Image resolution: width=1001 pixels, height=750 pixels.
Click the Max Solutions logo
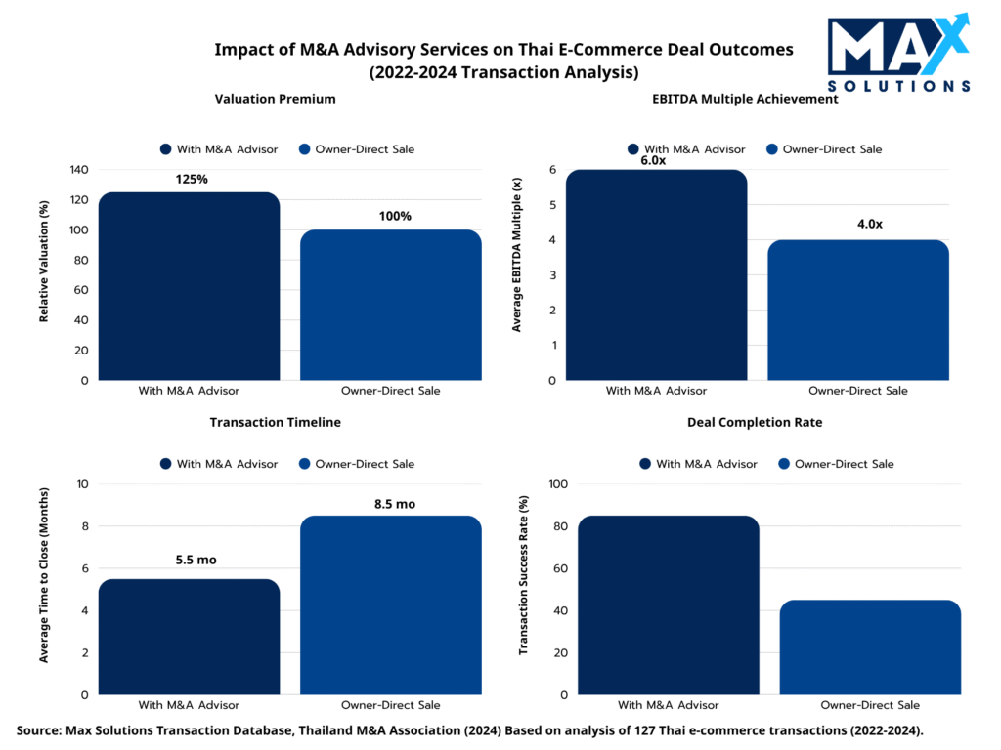point(898,54)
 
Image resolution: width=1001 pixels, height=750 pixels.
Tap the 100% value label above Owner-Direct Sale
point(395,216)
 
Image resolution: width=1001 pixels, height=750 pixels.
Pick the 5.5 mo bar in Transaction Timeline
point(189,637)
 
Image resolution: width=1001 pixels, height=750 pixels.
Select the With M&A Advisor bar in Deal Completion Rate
point(668,605)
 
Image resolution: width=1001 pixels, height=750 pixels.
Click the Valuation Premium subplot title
point(275,99)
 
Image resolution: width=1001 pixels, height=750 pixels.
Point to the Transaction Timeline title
point(276,422)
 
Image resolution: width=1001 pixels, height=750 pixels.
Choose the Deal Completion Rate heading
point(754,422)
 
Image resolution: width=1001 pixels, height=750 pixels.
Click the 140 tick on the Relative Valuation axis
point(78,170)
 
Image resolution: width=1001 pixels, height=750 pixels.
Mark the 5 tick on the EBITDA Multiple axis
point(552,205)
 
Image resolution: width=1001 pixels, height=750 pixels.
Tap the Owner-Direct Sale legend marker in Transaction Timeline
point(305,464)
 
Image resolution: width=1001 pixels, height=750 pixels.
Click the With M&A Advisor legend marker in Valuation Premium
point(165,149)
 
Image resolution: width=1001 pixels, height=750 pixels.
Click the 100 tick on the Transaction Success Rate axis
point(558,484)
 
